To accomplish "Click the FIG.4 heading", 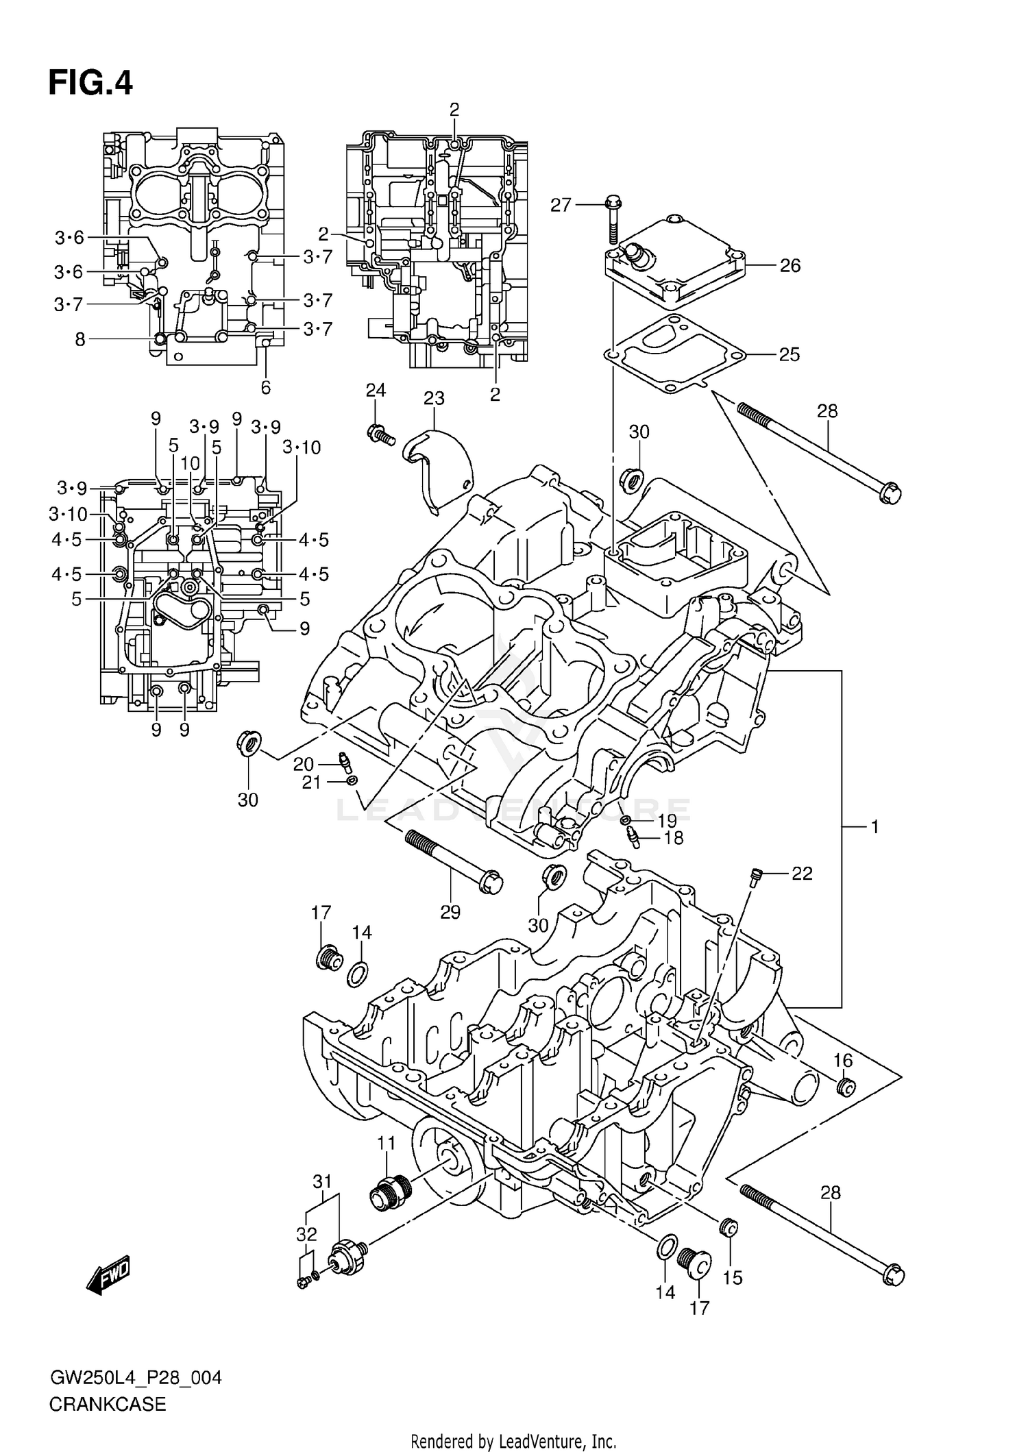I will pyautogui.click(x=90, y=83).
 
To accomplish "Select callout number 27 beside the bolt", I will pyautogui.click(x=561, y=205).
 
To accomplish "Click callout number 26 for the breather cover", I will pyautogui.click(x=790, y=266).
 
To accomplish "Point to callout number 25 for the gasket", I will pyautogui.click(x=790, y=355).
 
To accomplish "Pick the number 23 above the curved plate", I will pyautogui.click(x=433, y=398).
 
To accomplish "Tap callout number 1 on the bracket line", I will pyautogui.click(x=874, y=827).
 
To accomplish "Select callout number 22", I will pyautogui.click(x=802, y=874).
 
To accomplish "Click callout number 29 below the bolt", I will pyautogui.click(x=450, y=912).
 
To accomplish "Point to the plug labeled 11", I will pyautogui.click(x=389, y=1196).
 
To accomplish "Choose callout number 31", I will pyautogui.click(x=322, y=1181).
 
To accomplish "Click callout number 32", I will pyautogui.click(x=306, y=1234).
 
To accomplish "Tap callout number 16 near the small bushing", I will pyautogui.click(x=842, y=1061).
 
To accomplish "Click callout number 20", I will pyautogui.click(x=304, y=765).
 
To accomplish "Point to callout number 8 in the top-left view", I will pyautogui.click(x=80, y=339).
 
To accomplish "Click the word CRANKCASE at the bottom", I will pyautogui.click(x=108, y=1405).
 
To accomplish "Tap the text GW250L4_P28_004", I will pyautogui.click(x=135, y=1378).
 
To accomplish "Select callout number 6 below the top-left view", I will pyautogui.click(x=266, y=388).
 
